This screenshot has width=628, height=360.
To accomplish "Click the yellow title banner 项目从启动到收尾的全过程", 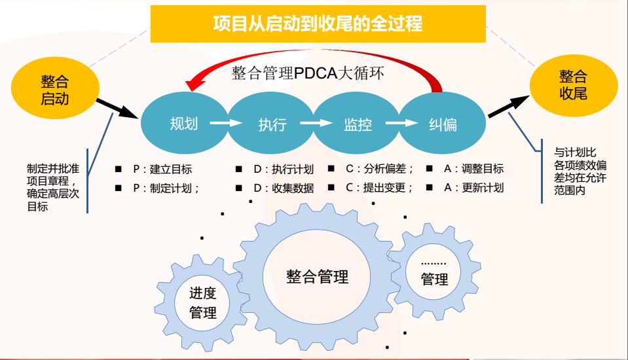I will pos(318,24).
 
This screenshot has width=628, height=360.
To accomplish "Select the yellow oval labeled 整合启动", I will pos(55,90).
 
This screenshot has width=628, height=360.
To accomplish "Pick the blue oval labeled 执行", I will pos(272,123).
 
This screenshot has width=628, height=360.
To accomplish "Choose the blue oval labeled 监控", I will pos(357,123).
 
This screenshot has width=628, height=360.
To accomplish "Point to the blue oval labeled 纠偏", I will pos(443,123).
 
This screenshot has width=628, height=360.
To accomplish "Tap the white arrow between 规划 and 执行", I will pos(226,123).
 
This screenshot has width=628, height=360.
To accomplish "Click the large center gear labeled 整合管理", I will pos(317,277).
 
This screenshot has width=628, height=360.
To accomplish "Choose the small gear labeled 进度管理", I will pos(202,303).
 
